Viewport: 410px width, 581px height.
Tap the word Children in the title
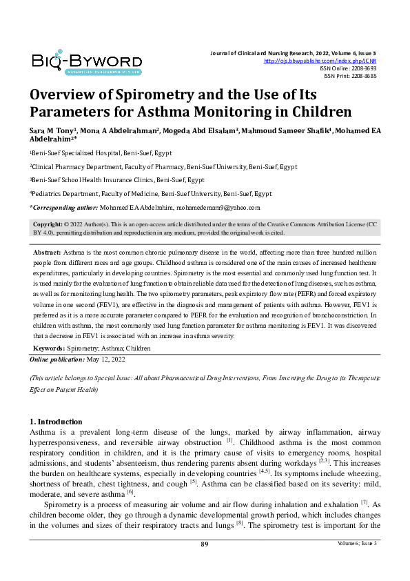[x=309, y=112]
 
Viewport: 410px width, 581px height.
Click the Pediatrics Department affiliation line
[x=152, y=194]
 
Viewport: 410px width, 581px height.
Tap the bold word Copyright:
[x=48, y=226]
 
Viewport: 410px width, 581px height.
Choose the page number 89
[x=205, y=544]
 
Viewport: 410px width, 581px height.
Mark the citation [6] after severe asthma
[x=130, y=493]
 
